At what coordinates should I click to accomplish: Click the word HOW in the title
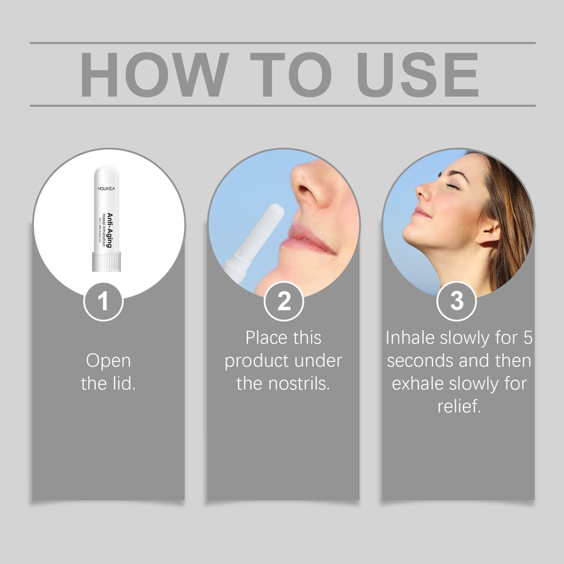pos(154,75)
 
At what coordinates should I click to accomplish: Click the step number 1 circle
pos(103,301)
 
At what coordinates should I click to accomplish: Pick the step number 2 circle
pos(284,301)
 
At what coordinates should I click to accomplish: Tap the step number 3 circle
pos(456,301)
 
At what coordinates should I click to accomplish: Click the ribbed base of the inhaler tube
pos(106,262)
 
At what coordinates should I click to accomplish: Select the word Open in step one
pos(108,360)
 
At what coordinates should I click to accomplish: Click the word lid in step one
pos(122,384)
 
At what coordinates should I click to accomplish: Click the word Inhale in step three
pos(409,338)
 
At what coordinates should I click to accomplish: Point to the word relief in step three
pos(459,406)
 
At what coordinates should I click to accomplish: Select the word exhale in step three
pos(418,384)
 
